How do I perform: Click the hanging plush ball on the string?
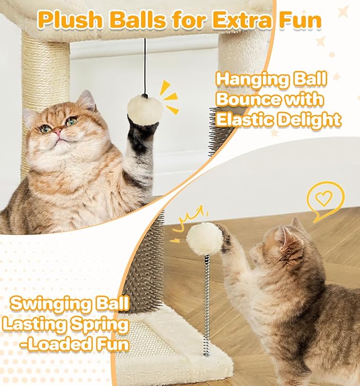point(144,109)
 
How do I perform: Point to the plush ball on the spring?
point(204,239)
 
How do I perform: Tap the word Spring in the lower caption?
point(98,323)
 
